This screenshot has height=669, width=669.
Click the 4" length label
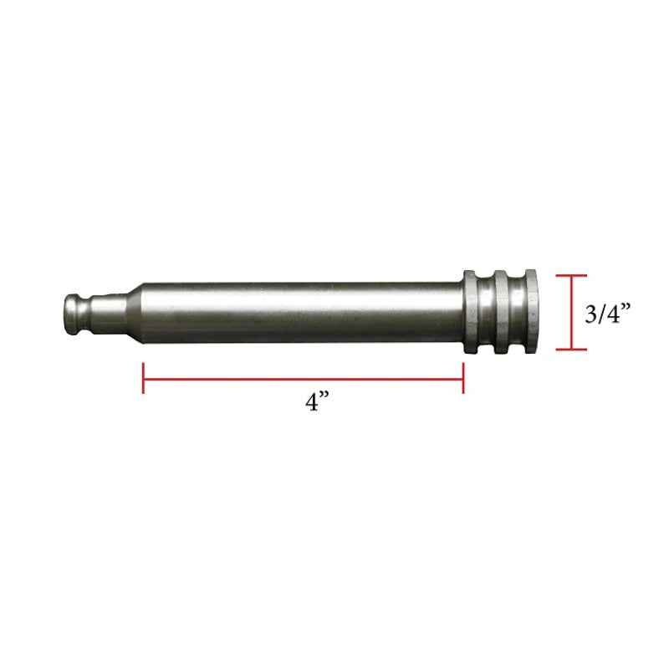point(314,402)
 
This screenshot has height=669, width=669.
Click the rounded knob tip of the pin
point(73,311)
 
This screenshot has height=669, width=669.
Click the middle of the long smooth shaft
point(301,312)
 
